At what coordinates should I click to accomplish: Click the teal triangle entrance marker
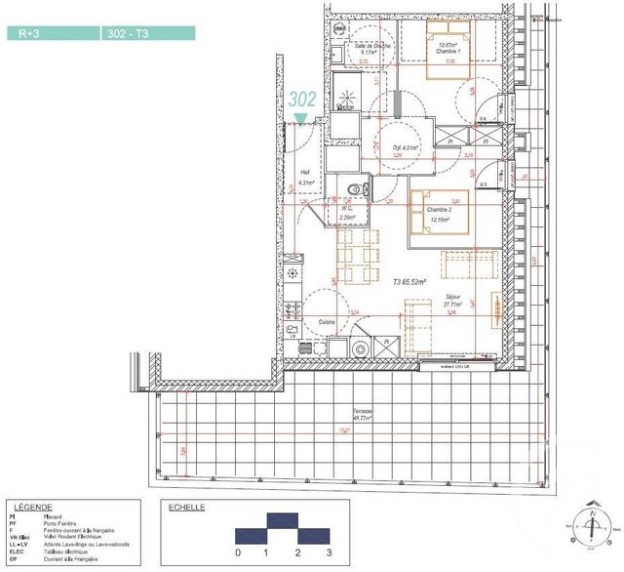[300, 119]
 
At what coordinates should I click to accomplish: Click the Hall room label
[304, 176]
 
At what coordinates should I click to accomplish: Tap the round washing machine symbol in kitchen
[361, 348]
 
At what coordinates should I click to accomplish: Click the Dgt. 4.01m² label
[405, 148]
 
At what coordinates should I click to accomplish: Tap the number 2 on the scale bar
[297, 552]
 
